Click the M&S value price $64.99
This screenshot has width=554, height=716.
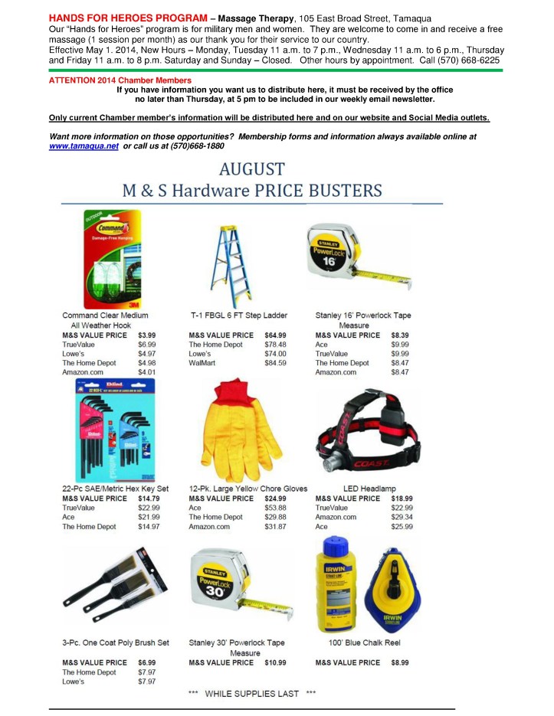tap(275, 335)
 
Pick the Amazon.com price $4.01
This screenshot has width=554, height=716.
tap(146, 371)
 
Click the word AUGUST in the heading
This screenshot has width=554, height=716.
tap(252, 168)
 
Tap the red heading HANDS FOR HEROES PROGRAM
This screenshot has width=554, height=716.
tap(127, 17)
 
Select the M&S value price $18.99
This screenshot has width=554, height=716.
tap(402, 499)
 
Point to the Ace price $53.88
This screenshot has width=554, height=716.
tap(275, 508)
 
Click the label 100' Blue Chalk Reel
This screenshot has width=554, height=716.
tap(365, 642)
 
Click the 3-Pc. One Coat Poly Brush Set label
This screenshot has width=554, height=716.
tap(116, 642)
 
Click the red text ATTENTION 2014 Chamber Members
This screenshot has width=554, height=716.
tap(120, 80)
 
